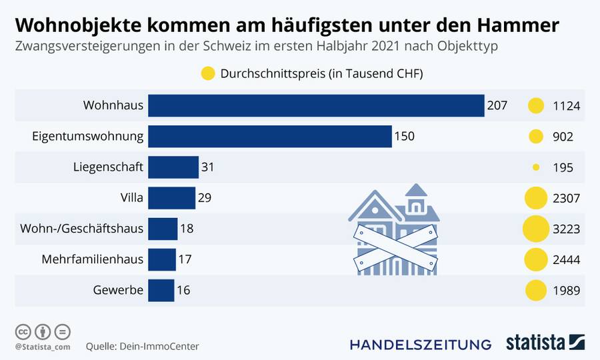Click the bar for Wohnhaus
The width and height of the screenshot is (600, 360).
point(316,105)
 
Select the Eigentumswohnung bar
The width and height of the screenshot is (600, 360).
point(269,136)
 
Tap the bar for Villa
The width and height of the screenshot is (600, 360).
point(171,198)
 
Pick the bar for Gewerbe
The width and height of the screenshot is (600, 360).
point(161,290)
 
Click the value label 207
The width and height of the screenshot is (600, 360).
point(497,105)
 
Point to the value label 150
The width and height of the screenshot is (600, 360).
point(404,136)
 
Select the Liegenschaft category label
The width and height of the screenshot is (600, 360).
point(108,167)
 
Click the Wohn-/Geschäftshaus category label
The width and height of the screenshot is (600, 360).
point(82,229)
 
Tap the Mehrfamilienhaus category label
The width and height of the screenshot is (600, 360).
point(93,259)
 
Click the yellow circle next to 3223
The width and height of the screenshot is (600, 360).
point(535,229)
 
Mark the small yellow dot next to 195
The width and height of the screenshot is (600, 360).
point(535,167)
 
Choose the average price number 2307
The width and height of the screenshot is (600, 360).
point(567,198)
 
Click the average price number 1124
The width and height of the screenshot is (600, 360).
point(567,105)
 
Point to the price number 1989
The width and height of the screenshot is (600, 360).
point(567,290)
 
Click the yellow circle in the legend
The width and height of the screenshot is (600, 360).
point(207,73)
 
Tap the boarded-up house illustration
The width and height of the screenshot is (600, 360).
point(394,231)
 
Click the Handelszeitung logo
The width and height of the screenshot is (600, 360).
point(421,344)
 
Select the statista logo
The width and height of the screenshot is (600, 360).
point(545,343)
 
